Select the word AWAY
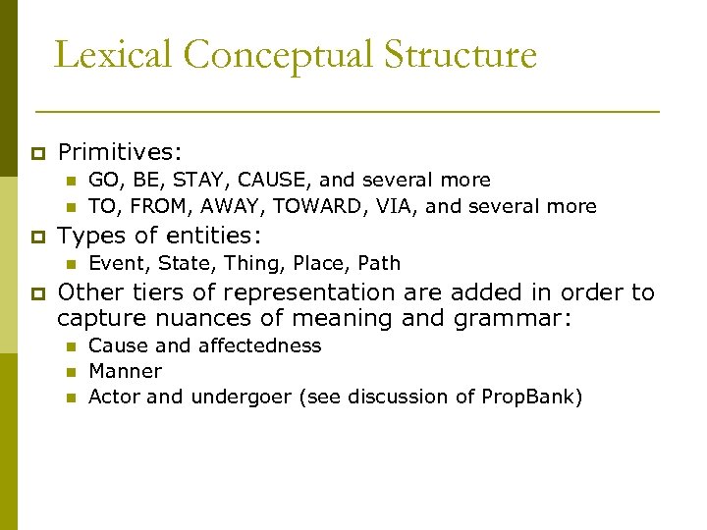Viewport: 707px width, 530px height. point(236,206)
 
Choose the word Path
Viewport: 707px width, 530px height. point(380,263)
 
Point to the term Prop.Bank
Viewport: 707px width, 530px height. point(529,397)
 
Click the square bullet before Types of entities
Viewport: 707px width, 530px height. point(38,237)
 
